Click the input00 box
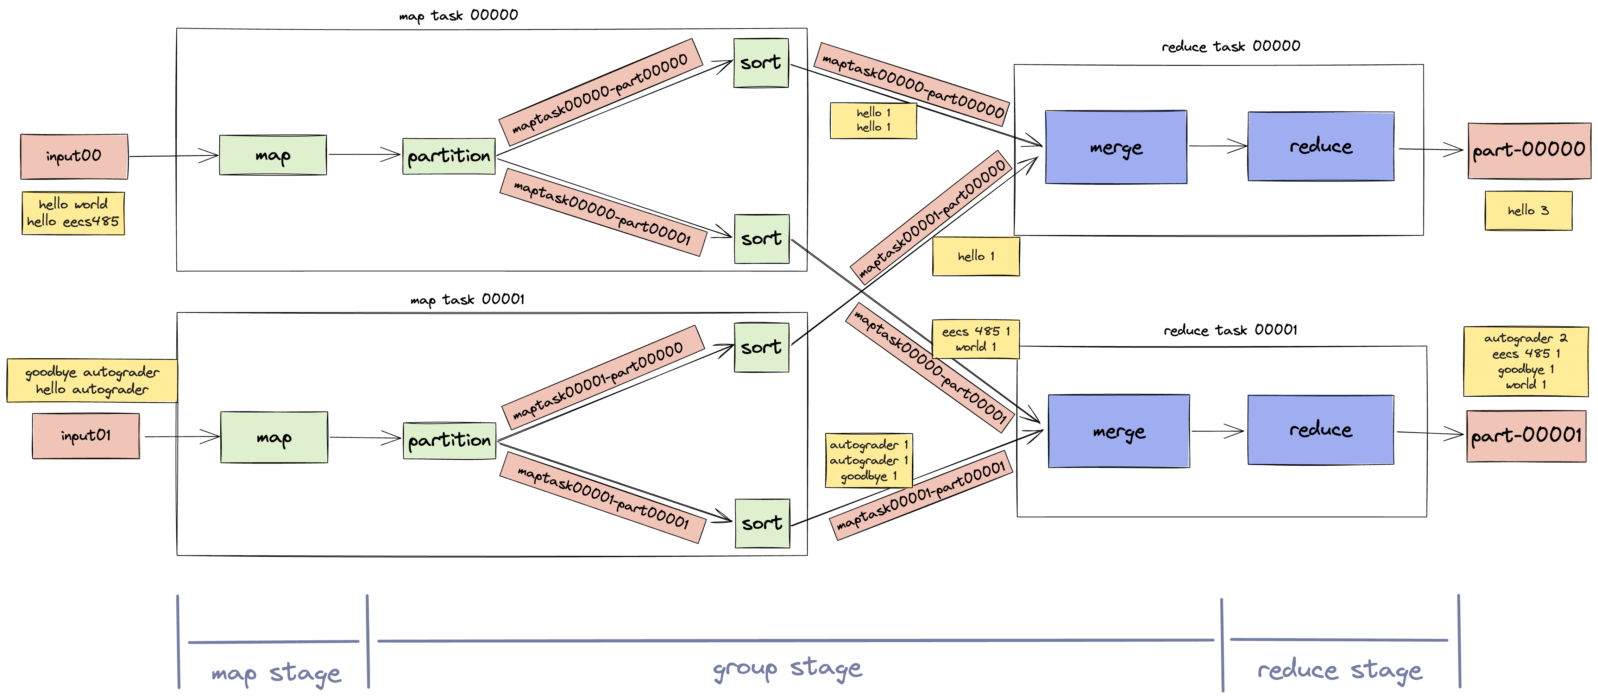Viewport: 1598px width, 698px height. [74, 156]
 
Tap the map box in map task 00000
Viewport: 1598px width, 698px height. [272, 155]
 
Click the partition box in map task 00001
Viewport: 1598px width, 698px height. [449, 440]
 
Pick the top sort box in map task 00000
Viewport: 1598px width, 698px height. [761, 63]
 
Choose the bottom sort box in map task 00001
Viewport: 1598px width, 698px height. [762, 523]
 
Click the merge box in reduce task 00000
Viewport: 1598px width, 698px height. [1115, 147]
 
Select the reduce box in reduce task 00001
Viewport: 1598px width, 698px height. [1320, 429]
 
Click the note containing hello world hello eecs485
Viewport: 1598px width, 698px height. [73, 213]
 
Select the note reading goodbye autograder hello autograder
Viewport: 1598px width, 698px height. [92, 381]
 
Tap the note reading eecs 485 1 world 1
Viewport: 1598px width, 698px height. [975, 339]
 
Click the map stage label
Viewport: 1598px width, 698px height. [276, 673]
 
